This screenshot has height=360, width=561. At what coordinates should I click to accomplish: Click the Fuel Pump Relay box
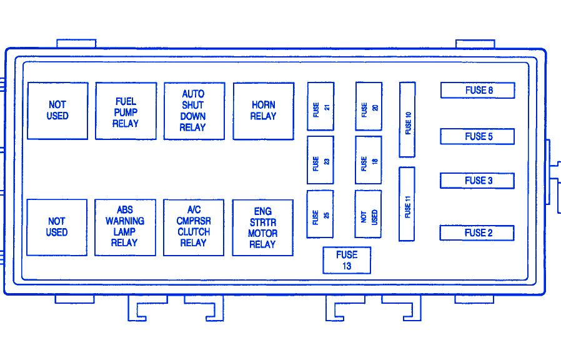click(x=126, y=111)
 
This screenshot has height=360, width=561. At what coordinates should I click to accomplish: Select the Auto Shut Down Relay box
click(x=194, y=111)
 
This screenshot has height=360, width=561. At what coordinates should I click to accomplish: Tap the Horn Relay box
click(x=263, y=111)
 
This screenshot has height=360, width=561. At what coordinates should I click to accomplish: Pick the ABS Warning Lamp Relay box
click(x=125, y=227)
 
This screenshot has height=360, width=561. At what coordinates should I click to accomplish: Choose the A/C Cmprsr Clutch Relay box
click(x=194, y=227)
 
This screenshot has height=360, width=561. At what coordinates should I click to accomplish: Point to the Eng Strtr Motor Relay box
click(x=262, y=227)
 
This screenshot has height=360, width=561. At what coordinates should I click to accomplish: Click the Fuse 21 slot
click(x=320, y=106)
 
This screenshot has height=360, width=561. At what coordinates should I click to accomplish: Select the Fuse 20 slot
click(x=369, y=106)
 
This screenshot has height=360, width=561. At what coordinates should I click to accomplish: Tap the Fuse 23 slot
click(x=320, y=160)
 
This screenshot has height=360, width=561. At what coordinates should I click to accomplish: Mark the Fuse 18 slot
click(x=369, y=160)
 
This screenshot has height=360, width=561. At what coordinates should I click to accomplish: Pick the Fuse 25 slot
click(x=320, y=214)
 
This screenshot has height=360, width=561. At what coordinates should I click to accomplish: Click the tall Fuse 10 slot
click(x=407, y=119)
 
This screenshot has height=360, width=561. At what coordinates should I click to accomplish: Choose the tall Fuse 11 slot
click(x=407, y=204)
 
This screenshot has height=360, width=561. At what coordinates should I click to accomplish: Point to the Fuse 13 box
click(x=347, y=260)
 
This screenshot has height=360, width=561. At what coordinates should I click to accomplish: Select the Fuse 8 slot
click(x=477, y=90)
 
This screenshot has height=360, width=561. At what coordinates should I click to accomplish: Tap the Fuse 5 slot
click(x=477, y=136)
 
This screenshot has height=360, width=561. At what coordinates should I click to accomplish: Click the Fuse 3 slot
click(x=477, y=181)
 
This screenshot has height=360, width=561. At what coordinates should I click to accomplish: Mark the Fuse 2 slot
click(x=477, y=233)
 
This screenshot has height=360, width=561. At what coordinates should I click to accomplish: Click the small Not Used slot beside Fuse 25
click(x=369, y=214)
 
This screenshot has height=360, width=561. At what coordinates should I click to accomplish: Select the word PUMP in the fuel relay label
click(x=126, y=112)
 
